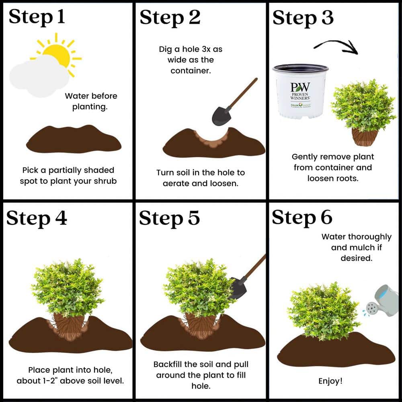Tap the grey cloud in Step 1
(39, 76)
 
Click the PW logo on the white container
(300, 87)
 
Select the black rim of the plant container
(300, 68)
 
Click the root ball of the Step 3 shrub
(365, 137)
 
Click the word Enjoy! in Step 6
(330, 381)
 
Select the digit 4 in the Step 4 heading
(61, 217)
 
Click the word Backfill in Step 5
(168, 364)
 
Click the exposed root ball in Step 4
(69, 326)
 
